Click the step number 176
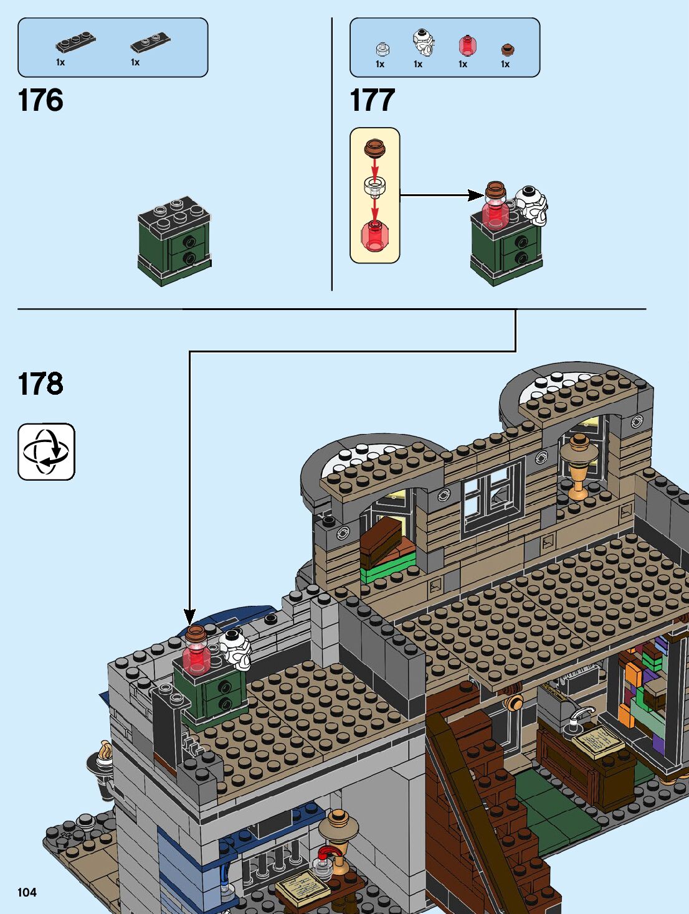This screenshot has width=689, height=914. tap(40, 100)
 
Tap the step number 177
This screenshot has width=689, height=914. tap(373, 100)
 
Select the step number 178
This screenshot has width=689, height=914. tap(40, 384)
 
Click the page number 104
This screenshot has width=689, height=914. tap(27, 892)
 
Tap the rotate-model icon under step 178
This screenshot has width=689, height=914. tap(46, 451)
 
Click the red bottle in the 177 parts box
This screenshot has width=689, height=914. tap(467, 45)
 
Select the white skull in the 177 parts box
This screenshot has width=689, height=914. tap(423, 42)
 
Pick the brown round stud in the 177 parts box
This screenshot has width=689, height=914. tap(507, 50)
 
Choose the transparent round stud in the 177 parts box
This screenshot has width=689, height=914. tap(383, 49)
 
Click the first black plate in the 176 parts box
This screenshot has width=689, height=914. tap(75, 43)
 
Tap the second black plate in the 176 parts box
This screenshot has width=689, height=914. tap(150, 43)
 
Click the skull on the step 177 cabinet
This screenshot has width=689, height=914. tap(531, 204)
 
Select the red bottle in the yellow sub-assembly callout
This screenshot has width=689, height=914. tap(374, 235)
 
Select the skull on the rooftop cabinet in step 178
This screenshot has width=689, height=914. tap(235, 648)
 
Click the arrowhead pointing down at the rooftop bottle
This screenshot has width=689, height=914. tap(189, 616)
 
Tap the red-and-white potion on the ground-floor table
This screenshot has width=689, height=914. tap(326, 860)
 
